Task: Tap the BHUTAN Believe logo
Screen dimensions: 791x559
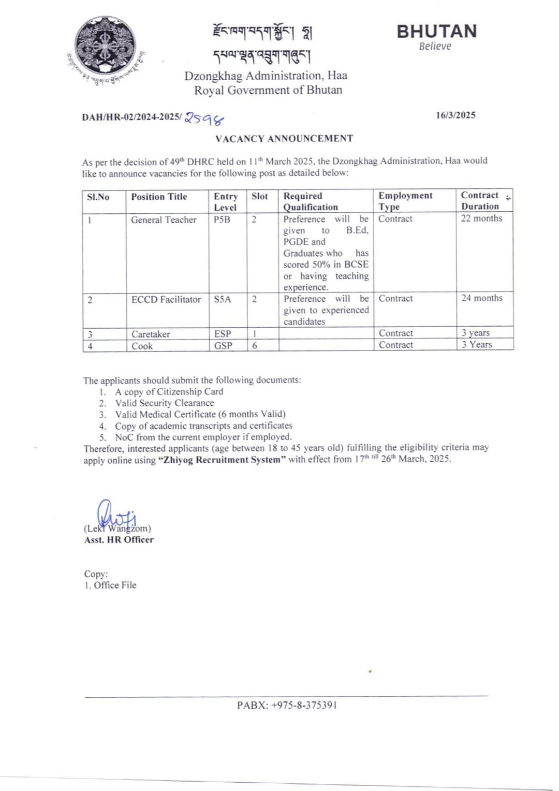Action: [x=436, y=36]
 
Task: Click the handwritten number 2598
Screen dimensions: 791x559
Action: [x=204, y=119]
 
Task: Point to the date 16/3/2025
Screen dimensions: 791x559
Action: [x=455, y=115]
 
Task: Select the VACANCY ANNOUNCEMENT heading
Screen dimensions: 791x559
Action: [x=284, y=138]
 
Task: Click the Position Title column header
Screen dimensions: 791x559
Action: [x=159, y=197]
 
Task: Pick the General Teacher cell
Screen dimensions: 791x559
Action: [x=164, y=219]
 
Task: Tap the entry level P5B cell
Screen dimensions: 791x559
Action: [x=222, y=219]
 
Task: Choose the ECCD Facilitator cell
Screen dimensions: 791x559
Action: [x=166, y=299]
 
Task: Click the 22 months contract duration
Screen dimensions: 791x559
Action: [x=481, y=218]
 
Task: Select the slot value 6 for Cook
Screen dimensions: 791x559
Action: [x=255, y=345]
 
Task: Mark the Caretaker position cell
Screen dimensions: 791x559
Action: [x=151, y=334]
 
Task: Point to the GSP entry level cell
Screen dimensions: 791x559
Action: [x=223, y=345]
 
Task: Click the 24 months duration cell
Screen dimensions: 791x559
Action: [x=482, y=298]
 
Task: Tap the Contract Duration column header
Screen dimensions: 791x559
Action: [x=480, y=200]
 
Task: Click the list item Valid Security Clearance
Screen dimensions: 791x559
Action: [x=164, y=403]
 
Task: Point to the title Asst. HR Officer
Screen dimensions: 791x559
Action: [x=119, y=539]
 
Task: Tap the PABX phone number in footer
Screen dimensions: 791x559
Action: [x=287, y=705]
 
